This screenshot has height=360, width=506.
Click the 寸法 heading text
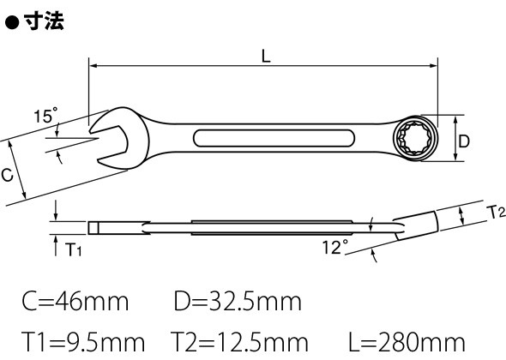(44, 21)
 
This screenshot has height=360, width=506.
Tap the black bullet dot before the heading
(12, 23)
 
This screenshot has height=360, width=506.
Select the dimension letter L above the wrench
(266, 57)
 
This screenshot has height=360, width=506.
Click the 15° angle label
(45, 115)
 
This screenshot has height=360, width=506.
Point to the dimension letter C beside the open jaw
(7, 175)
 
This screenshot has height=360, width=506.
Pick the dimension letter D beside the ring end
(464, 141)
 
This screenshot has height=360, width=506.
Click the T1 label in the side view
(73, 249)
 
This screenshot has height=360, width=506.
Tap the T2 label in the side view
(496, 213)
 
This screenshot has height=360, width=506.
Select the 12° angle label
(335, 247)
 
